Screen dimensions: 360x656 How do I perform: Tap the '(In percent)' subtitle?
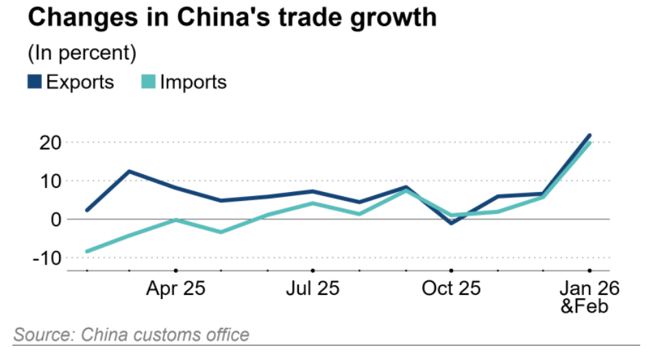[81, 52]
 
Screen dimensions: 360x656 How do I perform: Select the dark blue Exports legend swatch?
[34, 82]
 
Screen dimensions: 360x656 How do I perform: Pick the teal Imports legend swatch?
[149, 82]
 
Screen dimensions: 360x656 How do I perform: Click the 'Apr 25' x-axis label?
[175, 288]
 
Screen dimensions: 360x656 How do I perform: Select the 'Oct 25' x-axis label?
[451, 288]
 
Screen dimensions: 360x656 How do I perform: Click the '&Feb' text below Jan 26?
[585, 306]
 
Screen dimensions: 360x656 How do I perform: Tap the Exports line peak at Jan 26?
[590, 136]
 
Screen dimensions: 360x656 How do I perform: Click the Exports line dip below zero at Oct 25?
[452, 223]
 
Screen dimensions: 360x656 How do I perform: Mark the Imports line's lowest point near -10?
[87, 252]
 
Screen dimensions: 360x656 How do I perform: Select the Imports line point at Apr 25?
[176, 219]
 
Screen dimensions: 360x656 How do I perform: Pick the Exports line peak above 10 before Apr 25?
[130, 171]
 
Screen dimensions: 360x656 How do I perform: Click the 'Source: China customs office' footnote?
[131, 335]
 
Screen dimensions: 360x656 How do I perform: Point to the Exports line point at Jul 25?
[313, 191]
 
